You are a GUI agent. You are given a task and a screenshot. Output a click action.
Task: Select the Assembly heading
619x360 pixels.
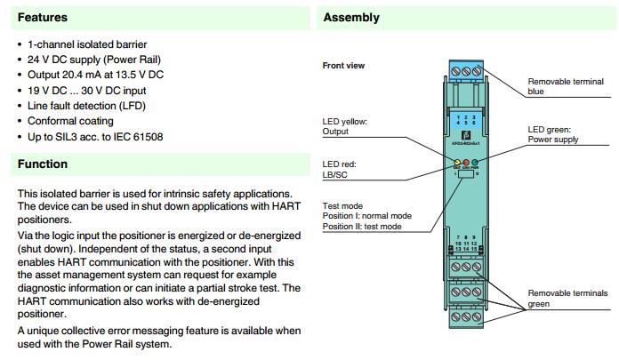(351, 18)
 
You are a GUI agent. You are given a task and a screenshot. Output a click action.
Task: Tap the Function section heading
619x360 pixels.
(43, 164)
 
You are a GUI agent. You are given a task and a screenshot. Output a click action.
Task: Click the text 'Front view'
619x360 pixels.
(343, 66)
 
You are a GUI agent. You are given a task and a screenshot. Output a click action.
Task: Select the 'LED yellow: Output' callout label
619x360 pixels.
(344, 126)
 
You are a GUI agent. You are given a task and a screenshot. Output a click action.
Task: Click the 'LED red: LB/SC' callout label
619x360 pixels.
(340, 168)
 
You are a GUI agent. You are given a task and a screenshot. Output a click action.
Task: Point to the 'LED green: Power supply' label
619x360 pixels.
(553, 134)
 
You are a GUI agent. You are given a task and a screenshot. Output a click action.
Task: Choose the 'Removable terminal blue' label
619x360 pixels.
(566, 86)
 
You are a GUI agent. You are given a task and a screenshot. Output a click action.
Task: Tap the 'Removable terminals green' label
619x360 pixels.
(567, 298)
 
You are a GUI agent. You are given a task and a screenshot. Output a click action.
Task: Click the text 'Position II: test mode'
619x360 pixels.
(362, 227)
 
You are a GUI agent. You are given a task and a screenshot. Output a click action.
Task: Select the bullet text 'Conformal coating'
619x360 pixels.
(70, 121)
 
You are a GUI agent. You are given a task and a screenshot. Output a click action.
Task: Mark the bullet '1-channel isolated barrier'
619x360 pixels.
(87, 44)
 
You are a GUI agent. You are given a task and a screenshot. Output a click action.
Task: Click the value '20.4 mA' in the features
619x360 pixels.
(83, 75)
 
